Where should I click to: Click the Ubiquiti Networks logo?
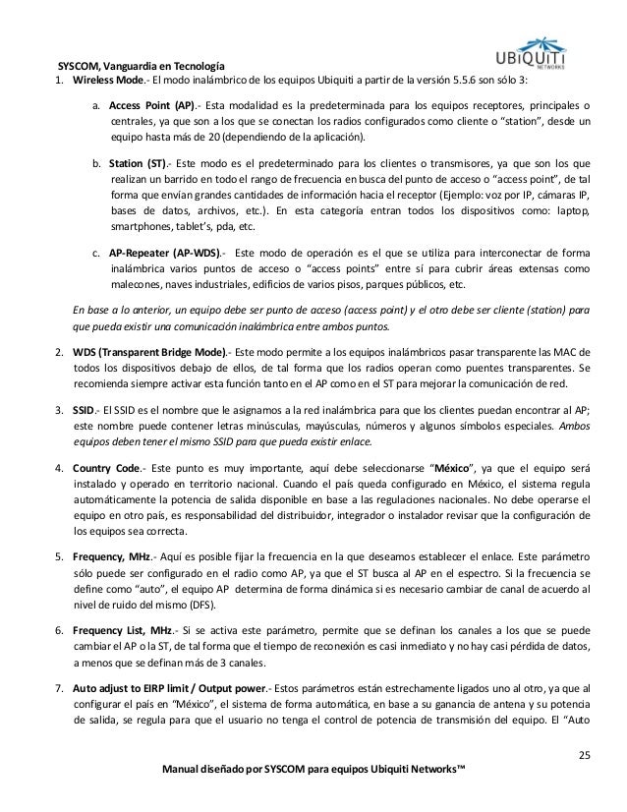(556, 38)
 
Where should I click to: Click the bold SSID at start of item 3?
(85, 412)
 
